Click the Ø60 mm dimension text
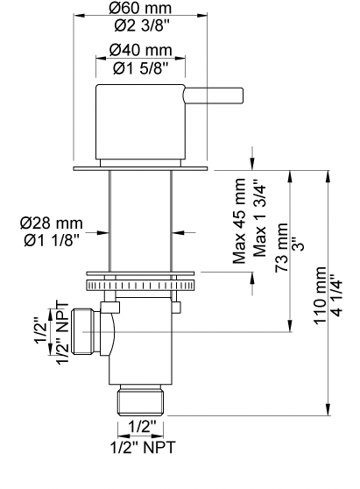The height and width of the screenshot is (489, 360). (140, 8)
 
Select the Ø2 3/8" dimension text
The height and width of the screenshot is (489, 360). (141, 26)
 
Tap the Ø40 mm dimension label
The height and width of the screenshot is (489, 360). (140, 50)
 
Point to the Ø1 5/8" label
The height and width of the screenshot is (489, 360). (140, 68)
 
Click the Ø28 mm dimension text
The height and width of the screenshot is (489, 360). (52, 223)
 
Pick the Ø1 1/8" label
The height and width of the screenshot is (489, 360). (52, 241)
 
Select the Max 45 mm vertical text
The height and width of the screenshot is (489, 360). (239, 221)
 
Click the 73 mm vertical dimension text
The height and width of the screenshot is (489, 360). (282, 248)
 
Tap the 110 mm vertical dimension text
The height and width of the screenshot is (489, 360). (321, 295)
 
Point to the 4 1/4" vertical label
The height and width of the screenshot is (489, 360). (338, 295)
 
